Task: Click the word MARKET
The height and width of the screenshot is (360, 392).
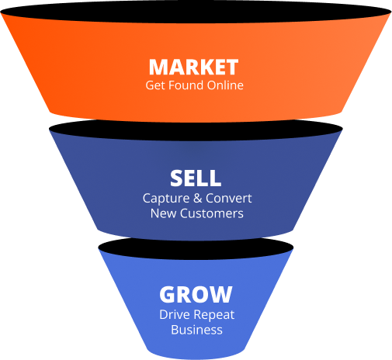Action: click(x=193, y=67)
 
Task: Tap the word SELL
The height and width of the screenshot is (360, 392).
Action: click(x=196, y=178)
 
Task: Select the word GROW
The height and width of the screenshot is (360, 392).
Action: click(x=196, y=294)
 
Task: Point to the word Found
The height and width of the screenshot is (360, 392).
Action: click(x=186, y=85)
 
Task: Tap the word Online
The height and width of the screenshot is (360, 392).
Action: click(x=225, y=85)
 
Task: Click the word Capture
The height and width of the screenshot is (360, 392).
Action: click(x=166, y=199)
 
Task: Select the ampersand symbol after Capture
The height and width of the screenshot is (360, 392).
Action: click(x=198, y=198)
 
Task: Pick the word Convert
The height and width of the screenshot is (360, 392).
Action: click(x=229, y=198)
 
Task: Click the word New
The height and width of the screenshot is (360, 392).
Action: click(x=164, y=213)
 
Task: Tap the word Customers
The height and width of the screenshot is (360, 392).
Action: click(x=212, y=213)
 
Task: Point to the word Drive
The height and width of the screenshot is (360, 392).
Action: click(x=175, y=314)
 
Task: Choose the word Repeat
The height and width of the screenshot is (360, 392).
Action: click(x=213, y=315)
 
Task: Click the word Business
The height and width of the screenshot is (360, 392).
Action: click(x=196, y=330)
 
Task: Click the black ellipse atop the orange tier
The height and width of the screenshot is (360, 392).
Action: click(x=196, y=12)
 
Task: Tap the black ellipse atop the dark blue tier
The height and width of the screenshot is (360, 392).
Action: click(x=196, y=130)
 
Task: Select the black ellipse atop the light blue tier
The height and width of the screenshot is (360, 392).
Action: click(x=196, y=248)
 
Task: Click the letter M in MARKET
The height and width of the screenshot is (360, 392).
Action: click(x=158, y=67)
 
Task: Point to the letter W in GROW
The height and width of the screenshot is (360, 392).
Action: click(x=221, y=294)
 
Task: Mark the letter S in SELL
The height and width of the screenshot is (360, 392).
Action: click(x=176, y=178)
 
